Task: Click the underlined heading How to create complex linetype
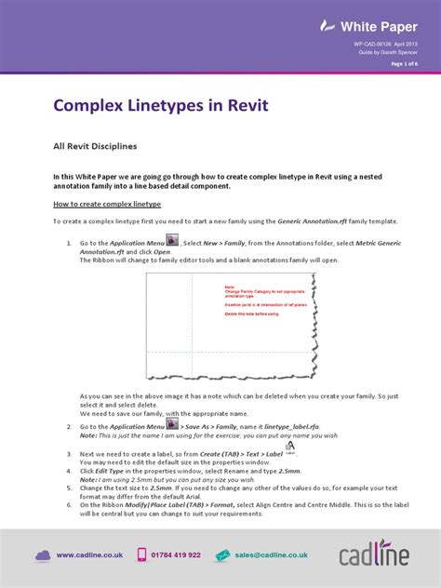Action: tap(107, 203)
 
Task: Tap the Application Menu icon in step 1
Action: tap(172, 241)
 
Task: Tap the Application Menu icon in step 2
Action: tap(172, 398)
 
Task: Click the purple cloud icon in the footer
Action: tap(43, 555)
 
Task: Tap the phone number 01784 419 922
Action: tap(175, 555)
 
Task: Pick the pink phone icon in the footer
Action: tap(142, 555)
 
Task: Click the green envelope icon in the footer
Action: tap(223, 555)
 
